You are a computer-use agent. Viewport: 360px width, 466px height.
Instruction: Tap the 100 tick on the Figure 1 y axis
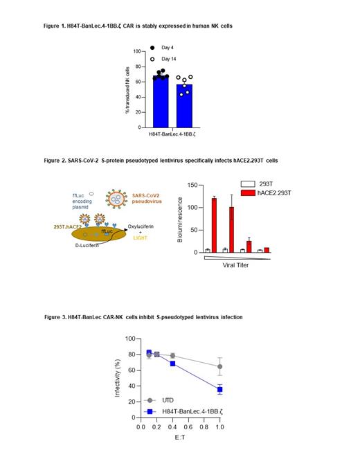[x=137, y=51]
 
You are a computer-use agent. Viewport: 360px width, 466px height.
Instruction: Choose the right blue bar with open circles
[x=183, y=106]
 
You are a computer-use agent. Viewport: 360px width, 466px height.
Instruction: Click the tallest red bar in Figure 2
[x=214, y=225]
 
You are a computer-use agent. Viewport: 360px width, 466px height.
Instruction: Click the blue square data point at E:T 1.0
[x=219, y=390]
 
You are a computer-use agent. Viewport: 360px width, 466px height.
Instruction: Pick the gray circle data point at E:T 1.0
[x=219, y=366]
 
